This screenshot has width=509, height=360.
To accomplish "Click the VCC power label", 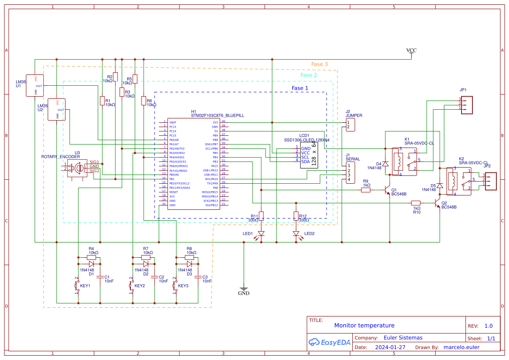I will point(411,50).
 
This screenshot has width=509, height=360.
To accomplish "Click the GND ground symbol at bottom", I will point(243,289).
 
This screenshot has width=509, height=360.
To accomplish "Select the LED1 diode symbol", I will point(261,234).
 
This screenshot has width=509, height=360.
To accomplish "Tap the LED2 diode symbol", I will point(296,234).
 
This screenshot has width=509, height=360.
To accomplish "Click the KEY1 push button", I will point(78,286).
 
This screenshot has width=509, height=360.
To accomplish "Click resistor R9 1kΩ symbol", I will point(366,190).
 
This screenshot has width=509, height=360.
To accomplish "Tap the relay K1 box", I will point(404,161).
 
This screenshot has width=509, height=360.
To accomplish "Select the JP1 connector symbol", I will point(467,104).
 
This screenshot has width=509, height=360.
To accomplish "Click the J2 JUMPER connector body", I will point(350,125).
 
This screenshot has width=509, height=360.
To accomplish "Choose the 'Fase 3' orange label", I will point(319,64).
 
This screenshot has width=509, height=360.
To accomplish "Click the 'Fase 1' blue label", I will point(300,88).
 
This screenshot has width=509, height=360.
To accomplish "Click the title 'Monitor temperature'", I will point(364,325).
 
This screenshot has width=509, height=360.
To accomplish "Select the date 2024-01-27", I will point(390,347).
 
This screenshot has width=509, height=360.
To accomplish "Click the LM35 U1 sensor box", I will point(35,84).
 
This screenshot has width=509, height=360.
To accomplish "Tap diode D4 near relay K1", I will point(385,163).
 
